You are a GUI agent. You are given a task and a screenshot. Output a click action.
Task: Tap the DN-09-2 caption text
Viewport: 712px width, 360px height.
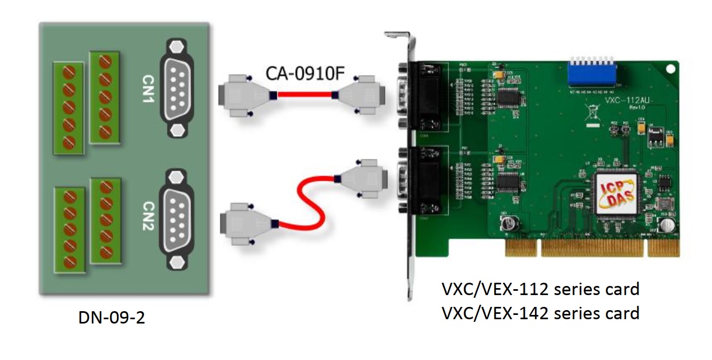pyautogui.click(x=112, y=318)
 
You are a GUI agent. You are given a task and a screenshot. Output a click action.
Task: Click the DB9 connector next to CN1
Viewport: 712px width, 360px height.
pyautogui.click(x=176, y=89)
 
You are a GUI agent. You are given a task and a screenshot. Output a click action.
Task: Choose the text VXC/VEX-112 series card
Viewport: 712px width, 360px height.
pyautogui.click(x=540, y=289)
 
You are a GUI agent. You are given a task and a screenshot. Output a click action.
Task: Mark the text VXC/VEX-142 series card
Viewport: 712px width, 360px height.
pyautogui.click(x=540, y=312)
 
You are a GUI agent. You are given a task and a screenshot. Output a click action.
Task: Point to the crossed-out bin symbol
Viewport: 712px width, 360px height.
pyautogui.click(x=589, y=113)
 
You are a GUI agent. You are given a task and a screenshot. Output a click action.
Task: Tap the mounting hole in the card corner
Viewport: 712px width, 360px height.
pyautogui.click(x=669, y=69)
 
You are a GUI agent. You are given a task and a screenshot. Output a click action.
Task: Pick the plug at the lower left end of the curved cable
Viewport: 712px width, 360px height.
pyautogui.click(x=244, y=222)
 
